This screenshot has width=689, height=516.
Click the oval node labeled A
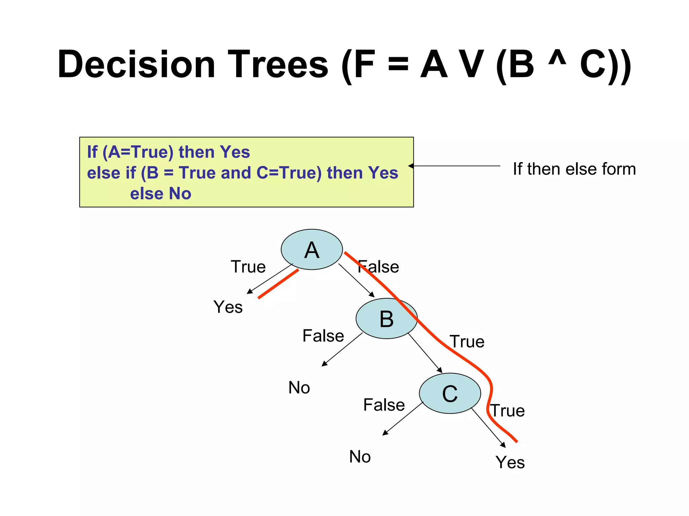[x=312, y=250]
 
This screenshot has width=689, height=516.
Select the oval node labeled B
[x=386, y=319]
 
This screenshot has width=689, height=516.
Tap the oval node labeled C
[x=450, y=393]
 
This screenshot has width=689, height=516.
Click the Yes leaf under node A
[x=228, y=307]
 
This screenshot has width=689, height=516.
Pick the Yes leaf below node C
[x=510, y=462]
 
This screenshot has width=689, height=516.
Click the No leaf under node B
[x=299, y=388]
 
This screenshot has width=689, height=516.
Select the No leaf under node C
[x=360, y=457]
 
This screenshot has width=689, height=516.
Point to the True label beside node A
[x=248, y=267]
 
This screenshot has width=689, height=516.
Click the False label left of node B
[x=323, y=336]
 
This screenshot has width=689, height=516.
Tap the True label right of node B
[x=467, y=342]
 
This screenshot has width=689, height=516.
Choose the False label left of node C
[x=384, y=405]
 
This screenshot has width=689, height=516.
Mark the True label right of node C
[x=507, y=411]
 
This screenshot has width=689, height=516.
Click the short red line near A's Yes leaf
[x=278, y=284]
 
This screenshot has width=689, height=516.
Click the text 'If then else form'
[x=574, y=169]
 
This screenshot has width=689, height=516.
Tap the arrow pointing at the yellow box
[x=454, y=166]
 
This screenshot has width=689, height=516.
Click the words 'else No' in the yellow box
[x=160, y=194]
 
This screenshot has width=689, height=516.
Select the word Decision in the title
[x=136, y=64]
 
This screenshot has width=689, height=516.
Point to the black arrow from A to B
[x=356, y=280]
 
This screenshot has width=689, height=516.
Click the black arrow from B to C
[x=425, y=353]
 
